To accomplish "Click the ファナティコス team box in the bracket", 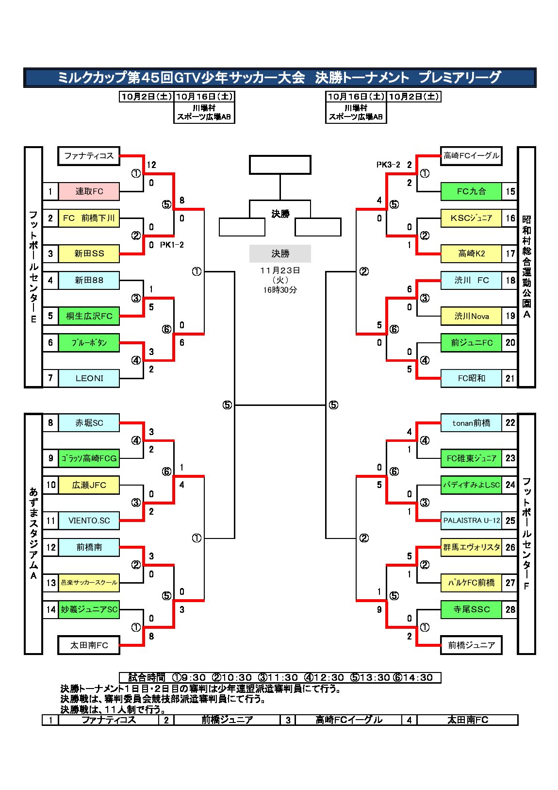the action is tap(89, 156).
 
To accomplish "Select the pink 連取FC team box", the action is tap(89, 191).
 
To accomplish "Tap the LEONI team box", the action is tap(89, 378).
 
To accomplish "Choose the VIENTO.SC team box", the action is tap(89, 521).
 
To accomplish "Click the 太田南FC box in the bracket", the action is tap(89, 645).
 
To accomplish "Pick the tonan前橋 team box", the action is tap(471, 423).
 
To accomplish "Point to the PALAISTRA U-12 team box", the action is tap(471, 521).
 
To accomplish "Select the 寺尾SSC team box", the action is tap(471, 609).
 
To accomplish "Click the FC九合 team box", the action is tap(471, 191).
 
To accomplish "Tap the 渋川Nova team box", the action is tap(471, 316).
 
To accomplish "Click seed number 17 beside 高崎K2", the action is tap(509, 253).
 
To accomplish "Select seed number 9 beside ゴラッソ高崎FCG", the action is tap(50, 458).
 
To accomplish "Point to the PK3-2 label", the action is tap(388, 165).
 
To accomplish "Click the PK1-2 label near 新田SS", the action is tap(172, 245).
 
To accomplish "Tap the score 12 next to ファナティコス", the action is tap(151, 165).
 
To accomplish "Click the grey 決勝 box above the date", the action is tap(280, 253).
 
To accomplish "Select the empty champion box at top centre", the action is tap(280, 165).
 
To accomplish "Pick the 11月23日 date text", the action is tap(280, 270).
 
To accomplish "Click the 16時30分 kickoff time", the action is tap(280, 290).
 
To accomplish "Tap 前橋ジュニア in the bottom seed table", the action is tap(227, 720).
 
